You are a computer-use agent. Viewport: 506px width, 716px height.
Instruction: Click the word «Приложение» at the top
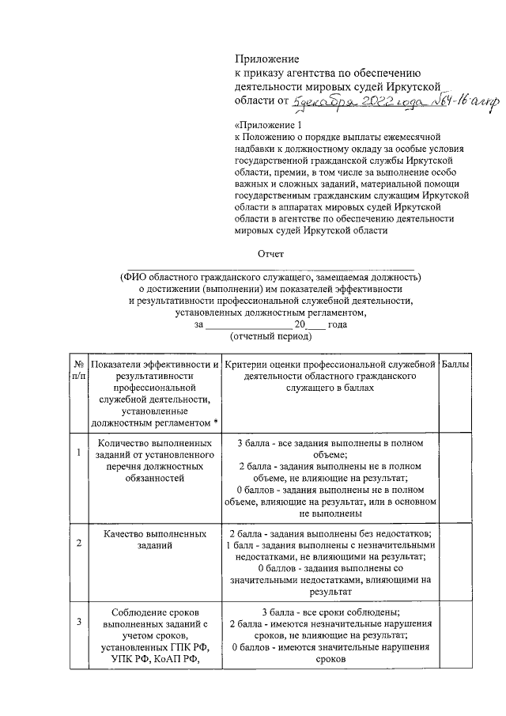point(266,59)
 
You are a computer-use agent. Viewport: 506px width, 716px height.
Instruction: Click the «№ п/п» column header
point(78,369)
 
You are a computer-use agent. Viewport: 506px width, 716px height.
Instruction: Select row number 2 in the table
point(78,544)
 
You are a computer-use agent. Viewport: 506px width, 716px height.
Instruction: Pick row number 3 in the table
point(78,621)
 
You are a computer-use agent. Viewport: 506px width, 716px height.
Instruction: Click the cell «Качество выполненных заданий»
point(154,541)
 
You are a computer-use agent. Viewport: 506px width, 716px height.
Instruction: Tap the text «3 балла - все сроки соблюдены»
point(330,612)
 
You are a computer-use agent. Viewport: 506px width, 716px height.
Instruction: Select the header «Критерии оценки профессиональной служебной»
point(330,363)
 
